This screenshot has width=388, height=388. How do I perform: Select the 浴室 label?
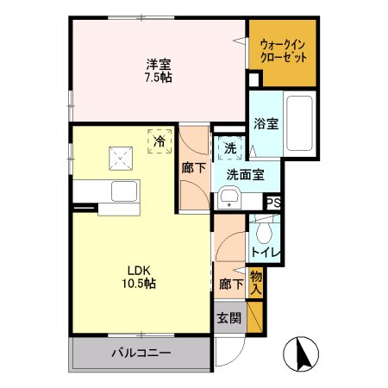(x=265, y=123)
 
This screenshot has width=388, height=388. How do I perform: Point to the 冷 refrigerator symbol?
(x=160, y=140)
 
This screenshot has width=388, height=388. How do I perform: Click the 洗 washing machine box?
(x=229, y=148)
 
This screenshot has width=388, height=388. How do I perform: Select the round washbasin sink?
(x=228, y=200)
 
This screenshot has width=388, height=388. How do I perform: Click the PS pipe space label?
(x=272, y=203)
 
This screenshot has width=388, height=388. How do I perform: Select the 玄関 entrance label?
(x=229, y=316)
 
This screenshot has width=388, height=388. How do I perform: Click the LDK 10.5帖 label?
(x=138, y=276)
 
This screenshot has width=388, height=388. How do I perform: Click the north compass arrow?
(x=303, y=353)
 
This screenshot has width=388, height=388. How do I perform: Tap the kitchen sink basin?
(x=122, y=190)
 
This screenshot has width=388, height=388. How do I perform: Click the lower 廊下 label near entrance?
(x=229, y=282)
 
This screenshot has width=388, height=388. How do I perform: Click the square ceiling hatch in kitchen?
(x=117, y=159)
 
